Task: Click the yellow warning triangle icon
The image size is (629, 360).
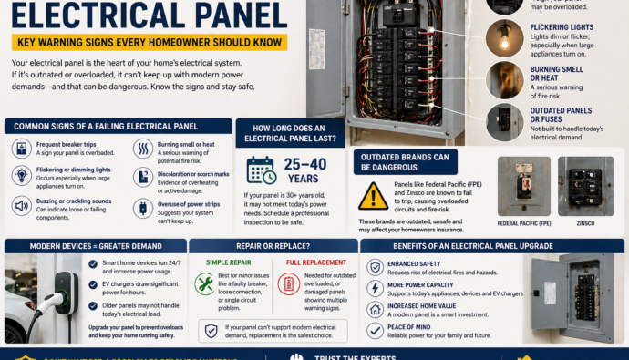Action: tap(373, 195)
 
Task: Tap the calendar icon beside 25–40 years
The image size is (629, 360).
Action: tap(261, 170)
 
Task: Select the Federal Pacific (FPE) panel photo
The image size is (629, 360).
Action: tap(523, 187)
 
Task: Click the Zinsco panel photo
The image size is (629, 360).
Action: tap(585, 187)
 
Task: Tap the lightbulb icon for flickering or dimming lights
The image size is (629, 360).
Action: tap(20, 175)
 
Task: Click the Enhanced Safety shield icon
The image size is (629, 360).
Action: tap(375, 268)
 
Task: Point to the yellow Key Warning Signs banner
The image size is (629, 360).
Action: tap(150, 42)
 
